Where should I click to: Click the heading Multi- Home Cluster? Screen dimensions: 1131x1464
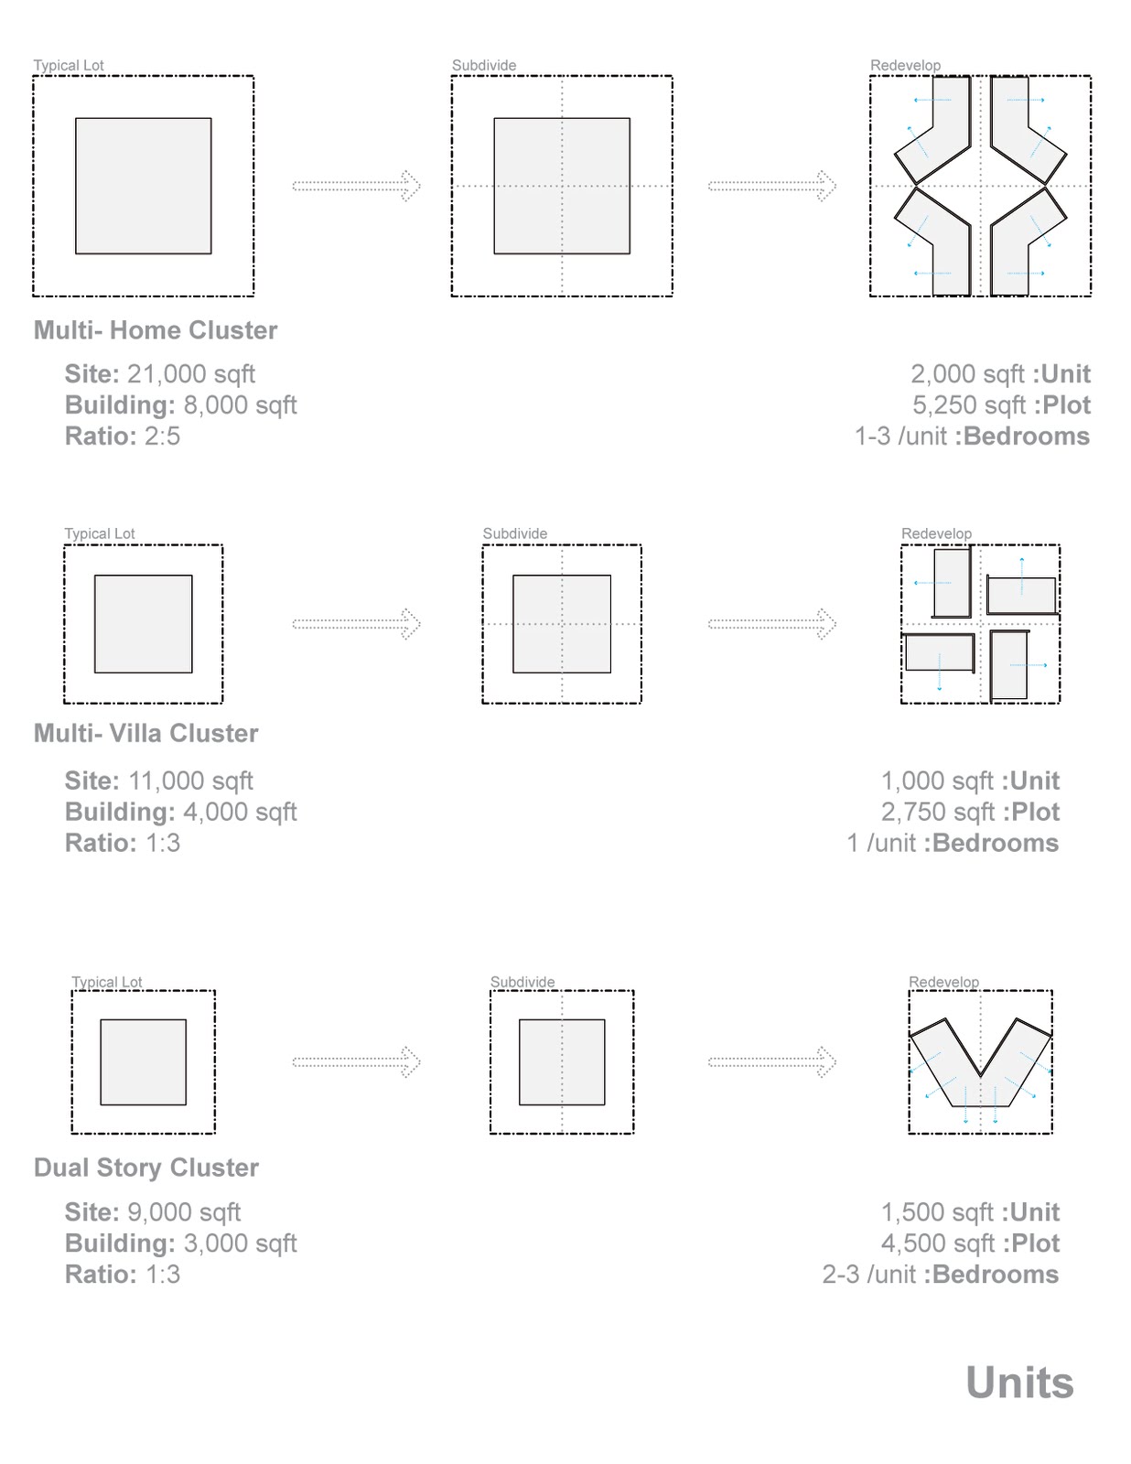156,330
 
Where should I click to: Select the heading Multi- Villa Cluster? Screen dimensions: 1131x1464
146,733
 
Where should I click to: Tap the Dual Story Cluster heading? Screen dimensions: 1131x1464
146,1168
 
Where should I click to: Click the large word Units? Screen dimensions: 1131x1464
1019,1383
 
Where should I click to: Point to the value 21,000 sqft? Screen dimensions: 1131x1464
191,374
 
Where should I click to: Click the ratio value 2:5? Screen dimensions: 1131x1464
162,436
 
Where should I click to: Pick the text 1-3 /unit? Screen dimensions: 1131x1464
900,436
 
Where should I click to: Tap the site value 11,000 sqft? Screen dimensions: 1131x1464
190,781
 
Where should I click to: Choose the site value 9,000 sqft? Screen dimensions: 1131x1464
184,1212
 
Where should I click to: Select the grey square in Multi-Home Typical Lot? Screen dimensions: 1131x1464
144,186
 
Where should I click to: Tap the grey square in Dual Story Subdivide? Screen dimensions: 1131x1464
562,1062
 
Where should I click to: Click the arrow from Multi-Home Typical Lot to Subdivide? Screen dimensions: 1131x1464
356,186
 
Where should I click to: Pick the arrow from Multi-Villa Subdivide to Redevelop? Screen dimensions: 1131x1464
771,624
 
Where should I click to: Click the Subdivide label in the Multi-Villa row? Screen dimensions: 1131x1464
515,533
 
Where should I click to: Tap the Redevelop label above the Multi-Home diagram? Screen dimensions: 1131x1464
905,65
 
